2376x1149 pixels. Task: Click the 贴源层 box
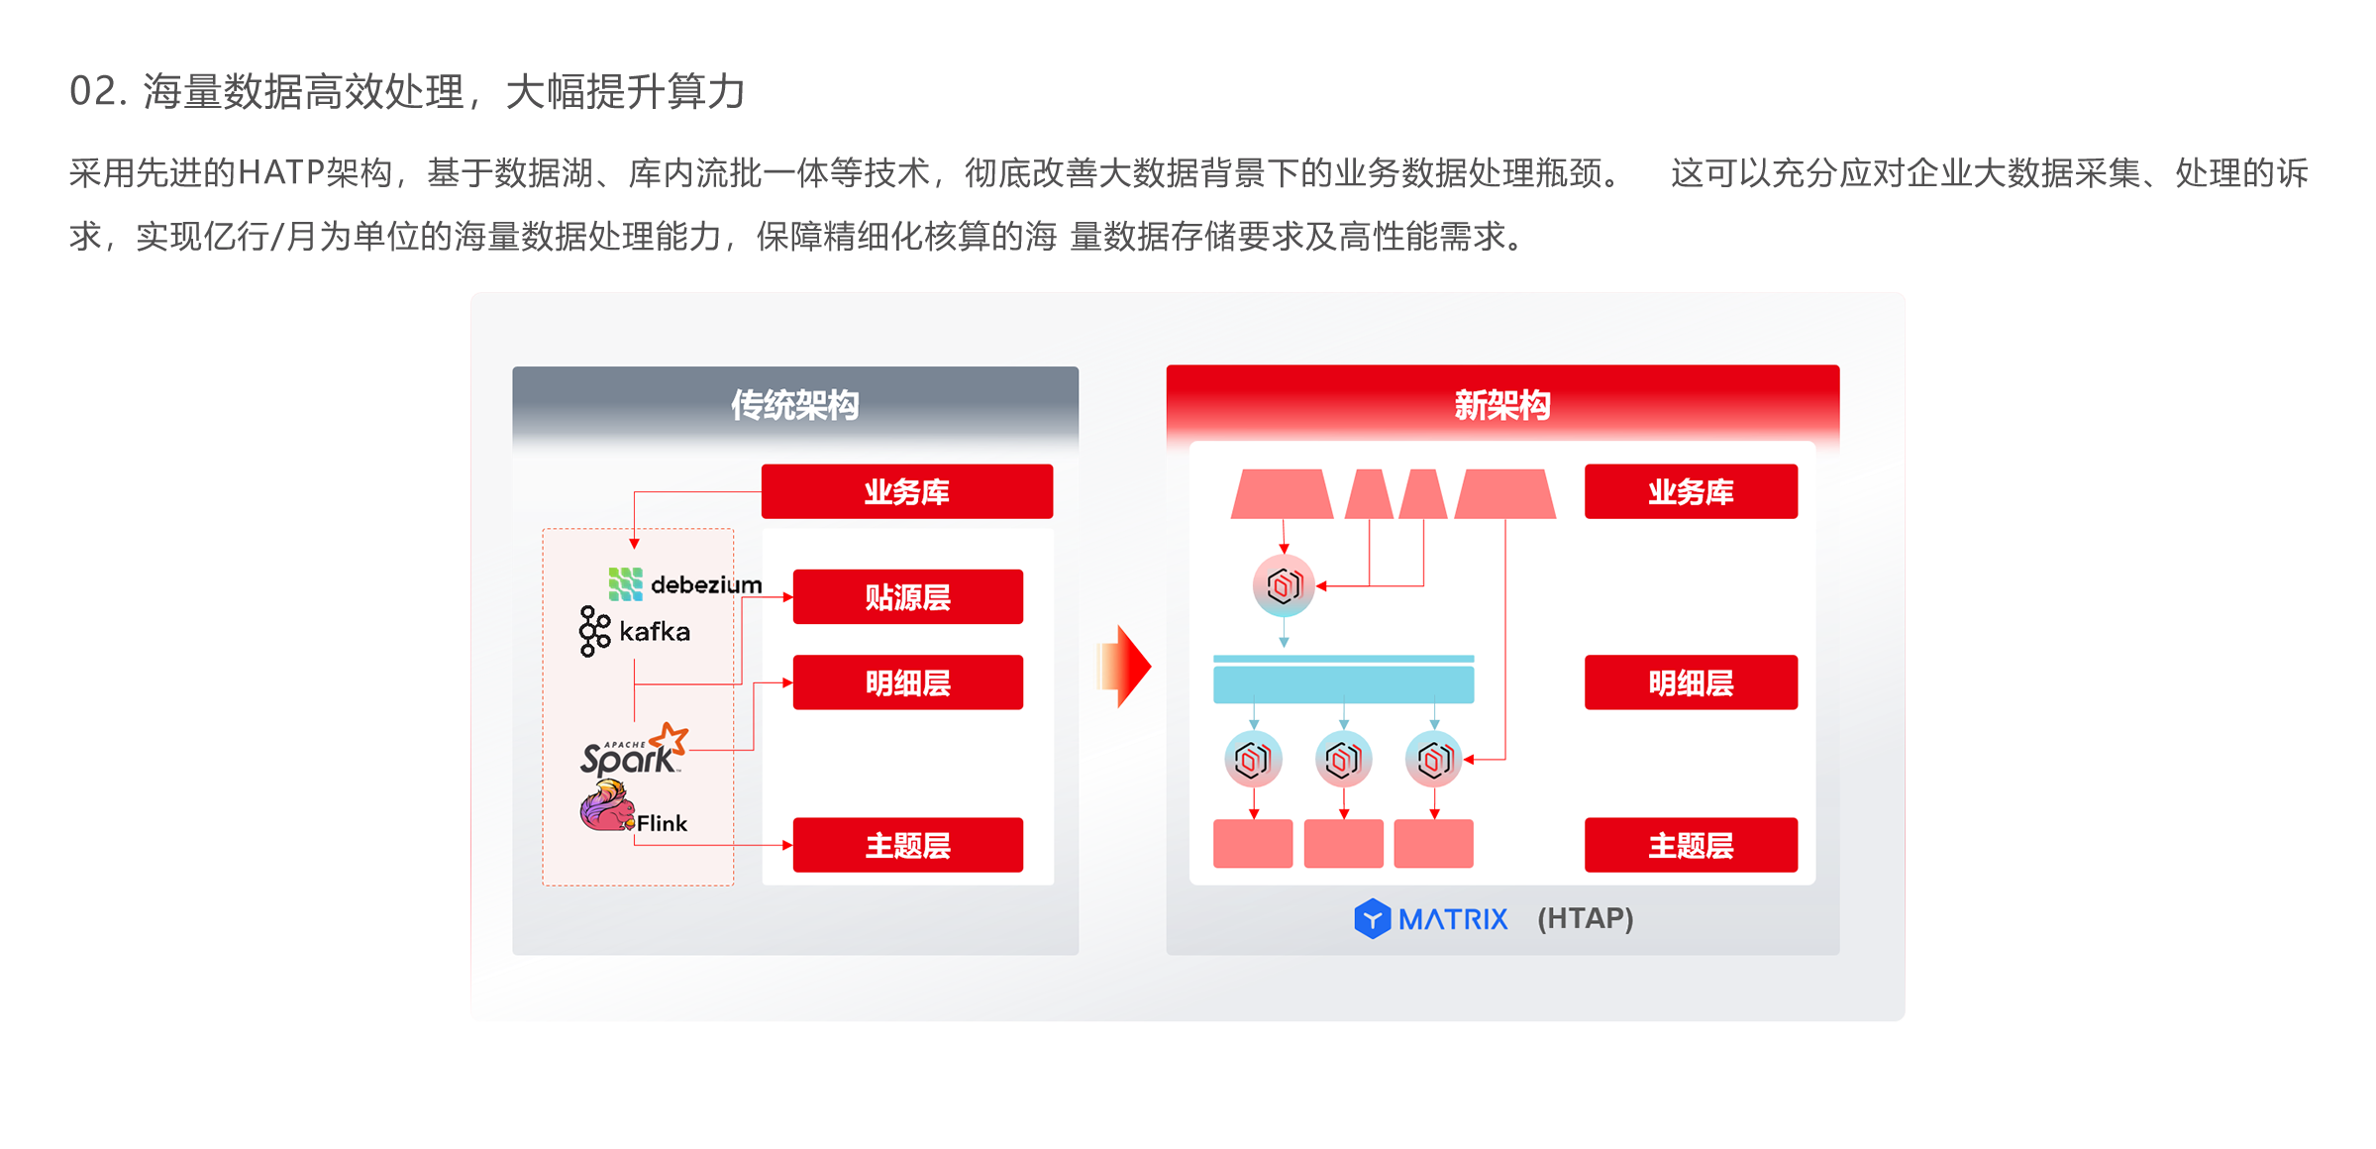907,596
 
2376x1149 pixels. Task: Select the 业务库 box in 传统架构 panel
906,491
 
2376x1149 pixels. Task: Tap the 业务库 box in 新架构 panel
1690,491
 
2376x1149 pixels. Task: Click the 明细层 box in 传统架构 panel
907,682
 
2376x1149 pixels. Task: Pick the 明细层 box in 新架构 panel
1690,682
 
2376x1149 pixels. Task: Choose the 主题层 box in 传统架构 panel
907,845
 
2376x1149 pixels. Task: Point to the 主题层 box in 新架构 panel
1690,845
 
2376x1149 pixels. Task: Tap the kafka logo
635,631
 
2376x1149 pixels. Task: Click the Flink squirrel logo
606,806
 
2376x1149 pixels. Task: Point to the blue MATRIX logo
1430,919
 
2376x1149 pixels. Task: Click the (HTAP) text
1585,918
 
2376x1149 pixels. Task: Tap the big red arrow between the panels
1125,666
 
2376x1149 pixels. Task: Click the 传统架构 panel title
794,405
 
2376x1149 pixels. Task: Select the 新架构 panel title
1501,405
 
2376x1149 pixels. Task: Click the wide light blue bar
1343,683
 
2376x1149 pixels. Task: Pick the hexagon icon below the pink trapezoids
1284,585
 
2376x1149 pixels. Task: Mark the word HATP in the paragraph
280,173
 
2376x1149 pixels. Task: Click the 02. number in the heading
97,91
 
